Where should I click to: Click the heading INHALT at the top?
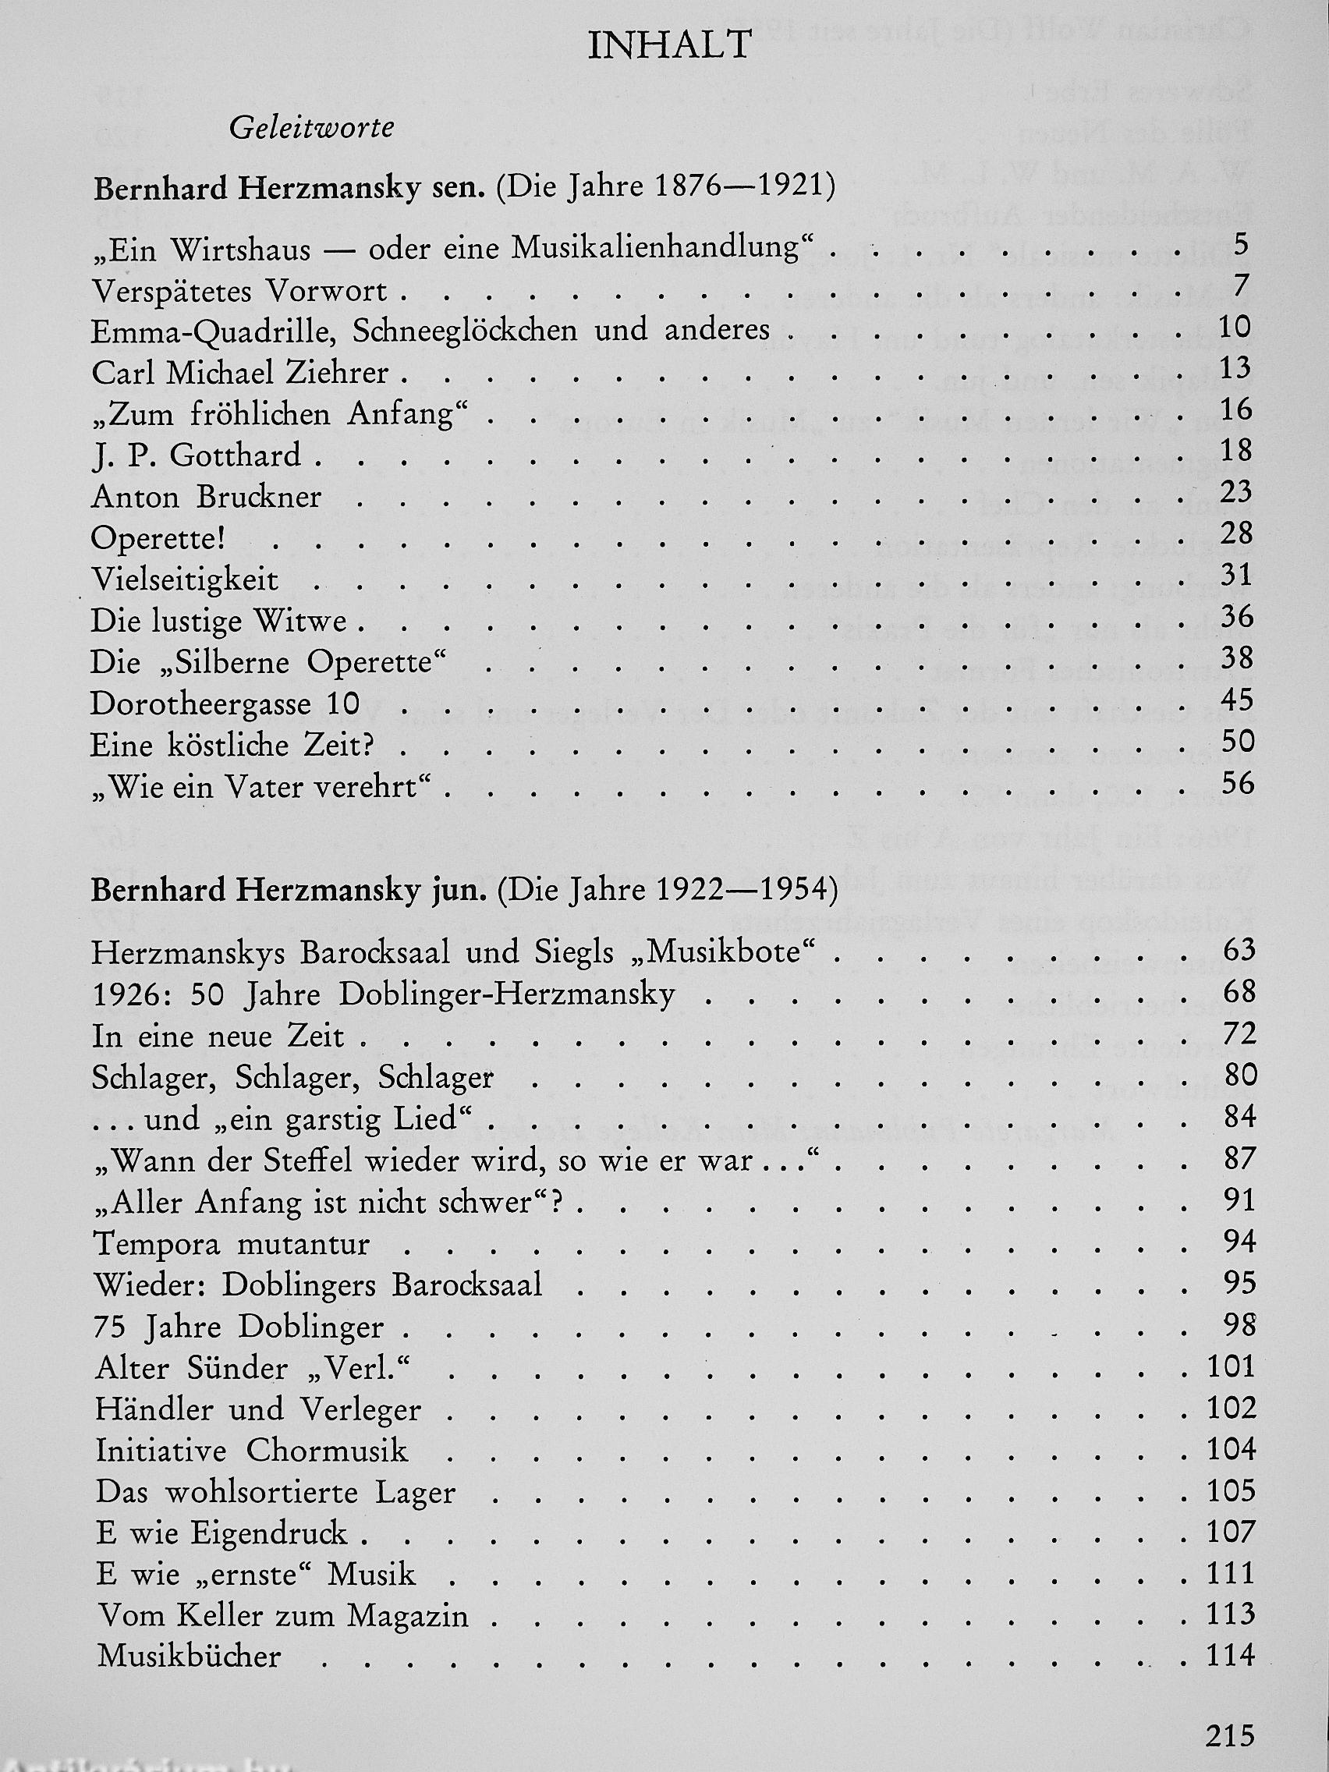[669, 47]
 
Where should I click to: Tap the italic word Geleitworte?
[311, 128]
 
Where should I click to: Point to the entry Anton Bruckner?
[207, 498]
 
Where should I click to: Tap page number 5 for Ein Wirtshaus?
[1241, 244]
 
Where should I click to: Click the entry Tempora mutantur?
[232, 1244]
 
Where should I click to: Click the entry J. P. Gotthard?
[197, 455]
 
